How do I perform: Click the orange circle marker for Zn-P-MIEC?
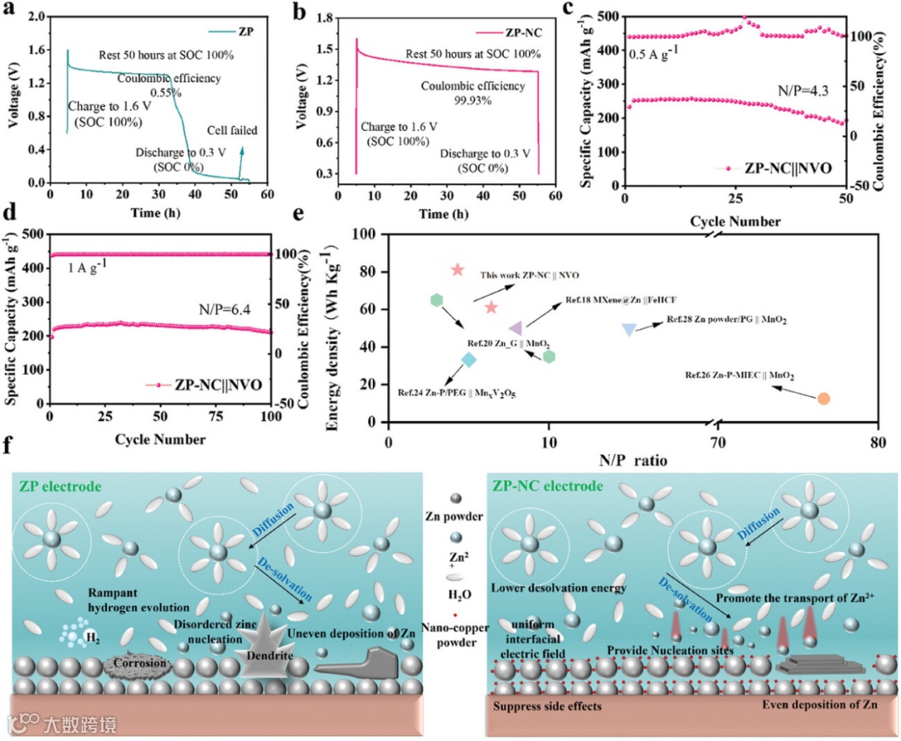point(823,398)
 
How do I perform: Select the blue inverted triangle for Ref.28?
point(629,330)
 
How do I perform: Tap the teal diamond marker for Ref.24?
point(469,359)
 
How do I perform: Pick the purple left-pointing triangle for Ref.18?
point(516,328)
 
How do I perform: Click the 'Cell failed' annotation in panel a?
point(233,130)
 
